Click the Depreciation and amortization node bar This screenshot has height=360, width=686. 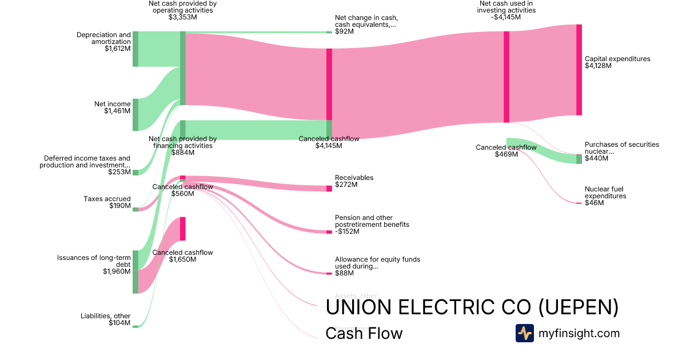[135, 49]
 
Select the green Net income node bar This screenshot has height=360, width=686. [135, 114]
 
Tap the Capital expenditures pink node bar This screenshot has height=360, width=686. [579, 70]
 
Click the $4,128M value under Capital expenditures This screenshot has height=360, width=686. [598, 66]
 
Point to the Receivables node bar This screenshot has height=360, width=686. [329, 189]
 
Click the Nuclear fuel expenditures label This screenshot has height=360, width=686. [605, 193]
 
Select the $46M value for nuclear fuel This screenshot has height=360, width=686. [594, 203]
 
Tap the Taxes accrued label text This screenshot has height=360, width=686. [107, 199]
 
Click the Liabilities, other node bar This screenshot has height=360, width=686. [135, 327]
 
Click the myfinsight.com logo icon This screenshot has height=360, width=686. [524, 333]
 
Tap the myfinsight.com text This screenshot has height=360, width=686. [579, 333]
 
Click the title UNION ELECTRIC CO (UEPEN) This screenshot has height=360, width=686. [472, 307]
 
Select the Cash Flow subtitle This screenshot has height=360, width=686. [364, 333]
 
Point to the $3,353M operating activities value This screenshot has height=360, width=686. [182, 17]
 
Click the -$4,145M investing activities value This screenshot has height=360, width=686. [505, 17]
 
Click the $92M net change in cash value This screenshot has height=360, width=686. [344, 31]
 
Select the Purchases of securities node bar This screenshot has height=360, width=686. [579, 159]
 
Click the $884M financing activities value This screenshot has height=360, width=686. [182, 153]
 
